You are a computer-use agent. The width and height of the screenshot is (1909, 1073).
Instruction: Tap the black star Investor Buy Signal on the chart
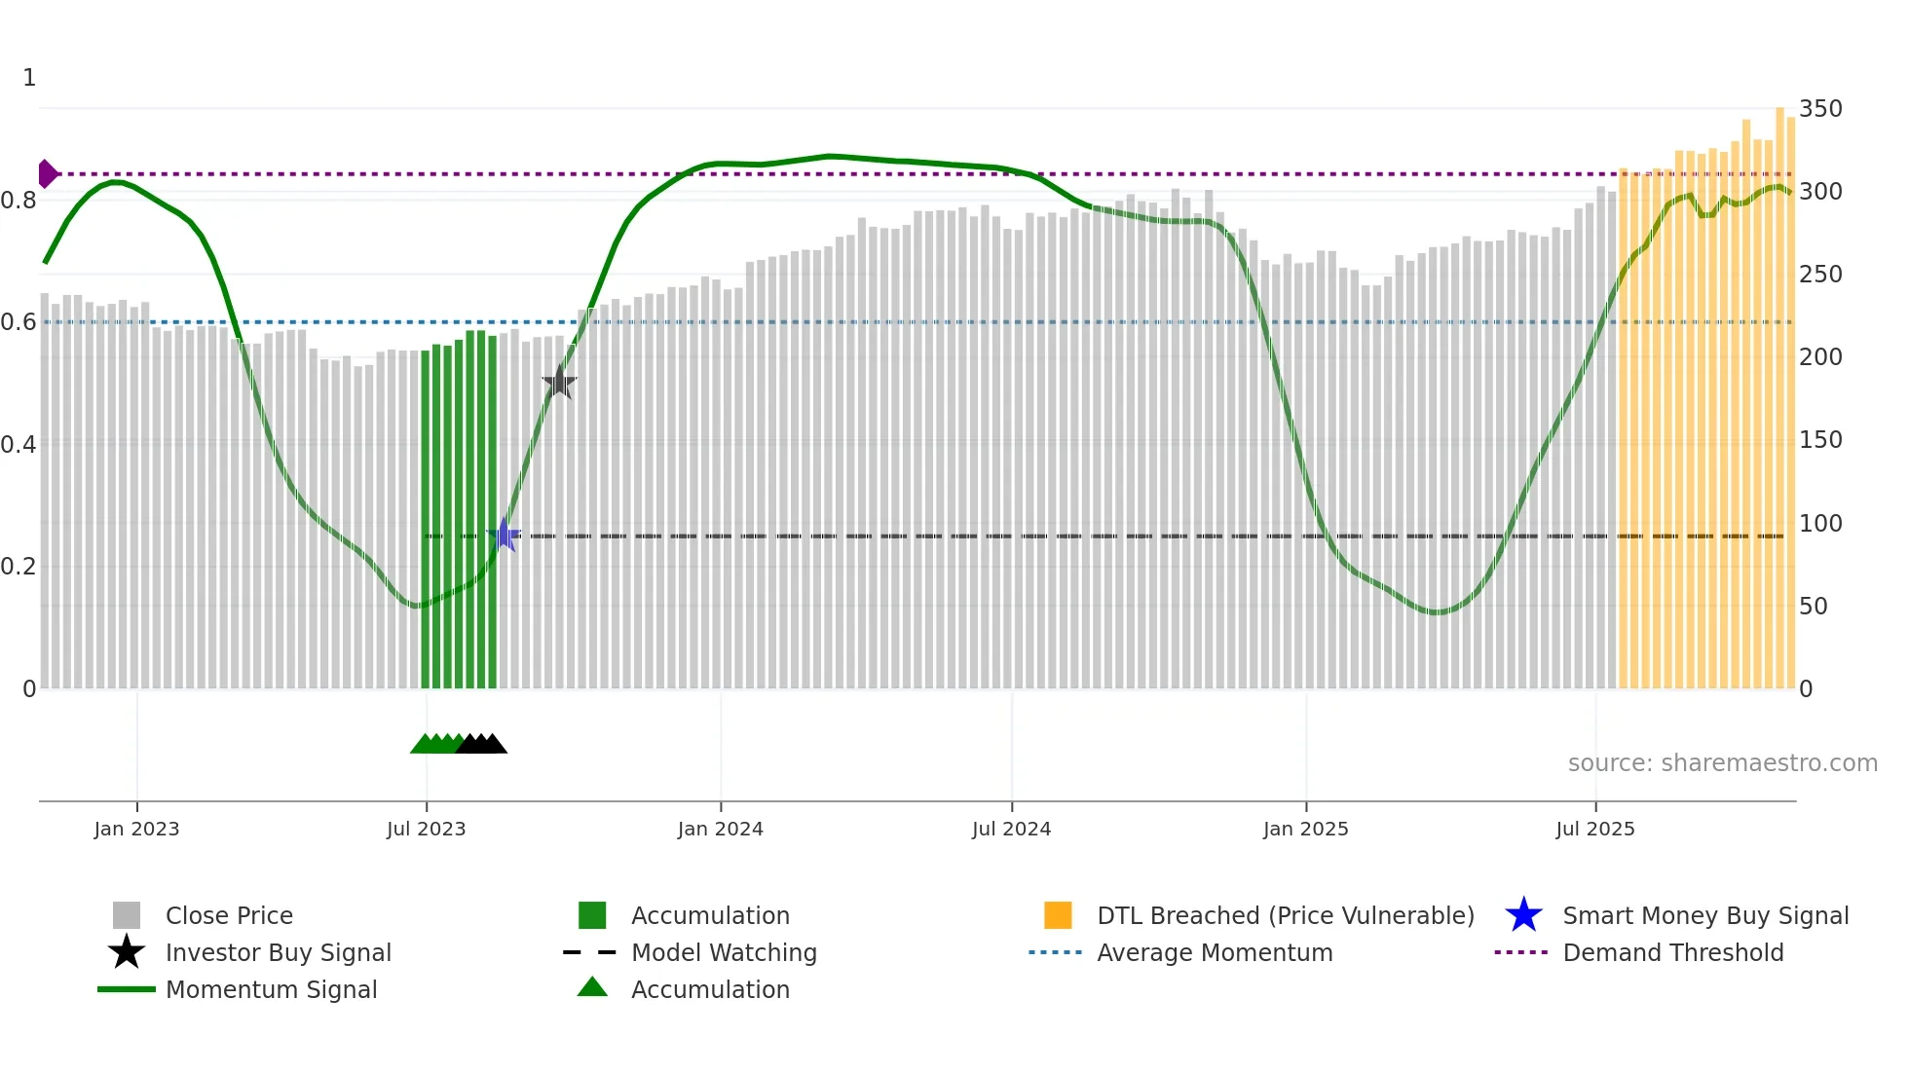tap(559, 383)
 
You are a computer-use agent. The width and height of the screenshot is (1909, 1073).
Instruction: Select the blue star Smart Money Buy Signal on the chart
tap(505, 535)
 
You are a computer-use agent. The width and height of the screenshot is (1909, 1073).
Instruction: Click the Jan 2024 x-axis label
tap(720, 830)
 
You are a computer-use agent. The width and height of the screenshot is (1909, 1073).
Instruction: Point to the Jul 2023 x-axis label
tap(426, 830)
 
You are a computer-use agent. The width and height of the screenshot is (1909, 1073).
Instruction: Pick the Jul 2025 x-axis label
tap(1594, 830)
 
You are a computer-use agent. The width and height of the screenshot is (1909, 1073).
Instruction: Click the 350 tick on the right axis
tap(1820, 109)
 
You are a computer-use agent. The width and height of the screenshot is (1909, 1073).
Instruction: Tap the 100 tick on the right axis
tap(1820, 524)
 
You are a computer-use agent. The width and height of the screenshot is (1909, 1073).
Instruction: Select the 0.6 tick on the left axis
tap(19, 322)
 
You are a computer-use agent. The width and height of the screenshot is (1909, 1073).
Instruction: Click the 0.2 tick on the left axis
tap(19, 567)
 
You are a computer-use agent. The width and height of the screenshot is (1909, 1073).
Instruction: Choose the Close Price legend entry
tap(229, 916)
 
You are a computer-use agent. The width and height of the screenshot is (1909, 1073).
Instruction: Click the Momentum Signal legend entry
tap(271, 990)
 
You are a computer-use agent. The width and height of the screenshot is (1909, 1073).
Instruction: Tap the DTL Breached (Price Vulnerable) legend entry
tap(1285, 916)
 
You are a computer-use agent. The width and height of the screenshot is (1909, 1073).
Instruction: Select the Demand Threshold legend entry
tap(1672, 953)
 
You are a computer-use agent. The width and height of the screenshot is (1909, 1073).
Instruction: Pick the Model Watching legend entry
tap(724, 953)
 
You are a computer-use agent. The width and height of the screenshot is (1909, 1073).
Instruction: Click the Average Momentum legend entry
tap(1215, 953)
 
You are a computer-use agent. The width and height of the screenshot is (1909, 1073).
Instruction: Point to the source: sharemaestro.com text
tap(1722, 763)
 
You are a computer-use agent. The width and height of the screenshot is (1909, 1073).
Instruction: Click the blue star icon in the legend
tap(1523, 916)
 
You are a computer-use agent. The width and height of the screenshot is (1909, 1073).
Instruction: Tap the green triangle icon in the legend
tap(592, 988)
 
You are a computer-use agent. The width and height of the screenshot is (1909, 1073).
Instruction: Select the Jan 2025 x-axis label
tap(1305, 830)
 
